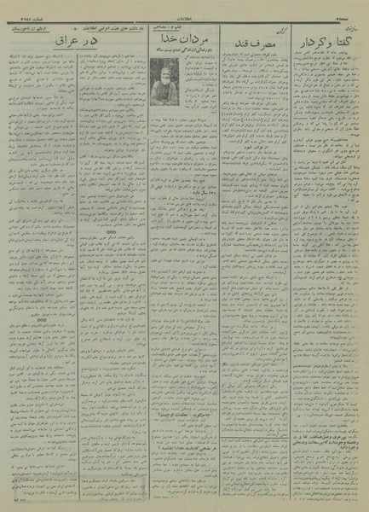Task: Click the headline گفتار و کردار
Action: [x=327, y=40]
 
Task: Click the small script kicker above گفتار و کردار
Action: [x=345, y=28]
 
